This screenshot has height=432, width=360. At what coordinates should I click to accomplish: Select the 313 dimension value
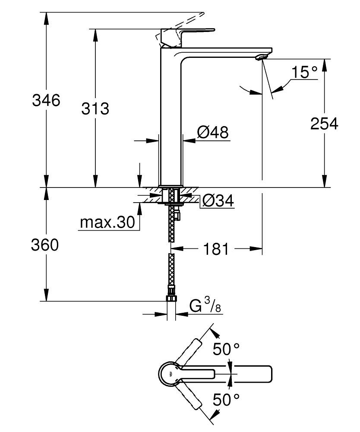click(95, 108)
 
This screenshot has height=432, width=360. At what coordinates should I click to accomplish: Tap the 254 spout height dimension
click(324, 124)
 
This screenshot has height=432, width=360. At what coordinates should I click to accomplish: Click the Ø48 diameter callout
click(212, 132)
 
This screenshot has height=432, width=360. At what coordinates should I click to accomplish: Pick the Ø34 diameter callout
click(218, 200)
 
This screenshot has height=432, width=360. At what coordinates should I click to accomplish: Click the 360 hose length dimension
click(44, 245)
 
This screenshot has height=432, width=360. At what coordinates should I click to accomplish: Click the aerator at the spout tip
click(262, 57)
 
